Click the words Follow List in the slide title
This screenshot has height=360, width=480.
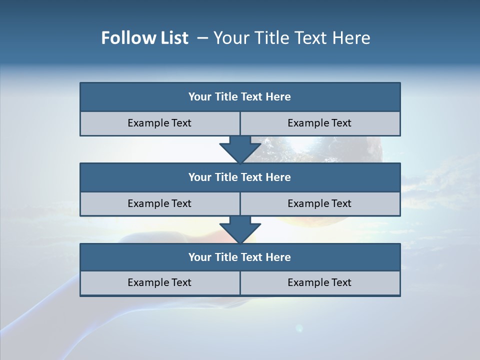[x=145, y=38]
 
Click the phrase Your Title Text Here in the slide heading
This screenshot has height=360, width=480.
[x=291, y=38]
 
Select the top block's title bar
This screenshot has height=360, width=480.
[x=240, y=97]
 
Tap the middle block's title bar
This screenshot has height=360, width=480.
[x=240, y=177]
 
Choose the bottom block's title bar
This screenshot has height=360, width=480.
[x=240, y=257]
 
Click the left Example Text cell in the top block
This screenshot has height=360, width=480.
[x=160, y=123]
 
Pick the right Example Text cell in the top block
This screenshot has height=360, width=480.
[x=320, y=123]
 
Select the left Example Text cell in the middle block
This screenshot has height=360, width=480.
[x=160, y=203]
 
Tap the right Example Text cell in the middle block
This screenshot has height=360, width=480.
[x=320, y=203]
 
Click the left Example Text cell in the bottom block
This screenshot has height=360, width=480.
[x=160, y=282]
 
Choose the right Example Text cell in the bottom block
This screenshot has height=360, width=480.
[x=320, y=282]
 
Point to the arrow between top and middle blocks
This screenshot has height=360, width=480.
[x=240, y=149]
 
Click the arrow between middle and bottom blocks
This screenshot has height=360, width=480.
[x=240, y=229]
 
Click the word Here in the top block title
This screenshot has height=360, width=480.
[x=278, y=97]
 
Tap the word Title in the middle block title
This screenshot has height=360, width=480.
[x=225, y=177]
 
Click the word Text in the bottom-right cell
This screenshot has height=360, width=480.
[x=341, y=282]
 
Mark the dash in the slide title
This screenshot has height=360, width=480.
[x=202, y=38]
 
